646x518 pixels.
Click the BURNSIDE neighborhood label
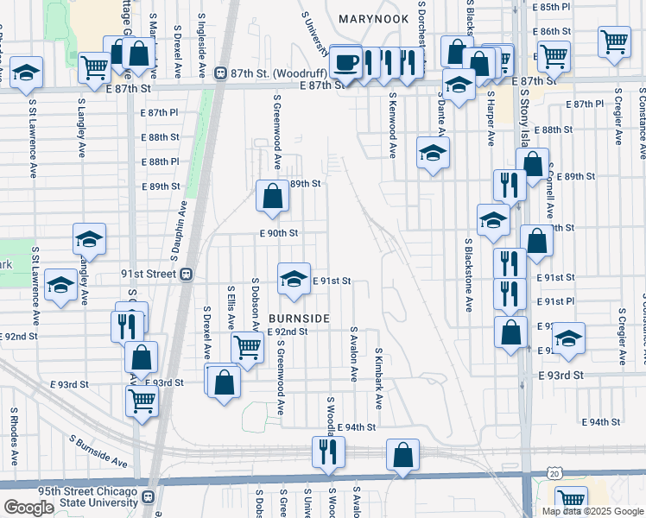(299, 319)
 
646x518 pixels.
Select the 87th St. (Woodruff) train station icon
(220, 74)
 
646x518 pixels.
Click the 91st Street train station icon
(185, 274)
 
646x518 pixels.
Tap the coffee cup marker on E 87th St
(345, 62)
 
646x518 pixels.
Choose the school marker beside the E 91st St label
(294, 279)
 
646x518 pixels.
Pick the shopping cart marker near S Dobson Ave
(248, 347)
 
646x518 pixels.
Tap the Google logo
(28, 508)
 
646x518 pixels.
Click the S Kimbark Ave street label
(378, 380)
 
